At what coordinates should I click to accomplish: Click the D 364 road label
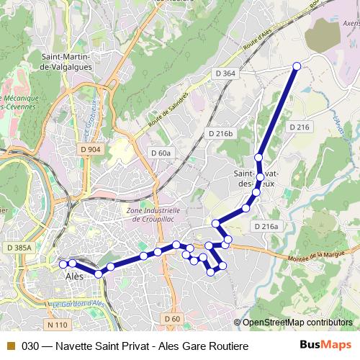(x=225, y=73)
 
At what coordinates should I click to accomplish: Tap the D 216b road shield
(x=221, y=133)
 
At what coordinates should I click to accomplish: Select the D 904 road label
(x=91, y=149)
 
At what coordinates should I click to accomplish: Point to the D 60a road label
(x=161, y=153)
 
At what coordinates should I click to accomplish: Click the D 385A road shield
(x=19, y=248)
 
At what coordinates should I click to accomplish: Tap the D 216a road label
(x=265, y=226)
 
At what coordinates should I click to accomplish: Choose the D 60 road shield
(x=171, y=318)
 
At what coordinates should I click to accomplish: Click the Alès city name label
(x=74, y=276)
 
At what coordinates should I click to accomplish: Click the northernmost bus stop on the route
(x=297, y=67)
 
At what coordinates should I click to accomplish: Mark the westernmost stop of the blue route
(x=63, y=264)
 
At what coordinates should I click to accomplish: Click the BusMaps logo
(x=326, y=345)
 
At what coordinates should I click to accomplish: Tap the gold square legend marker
(x=10, y=346)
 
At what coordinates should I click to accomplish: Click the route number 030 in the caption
(x=30, y=346)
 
